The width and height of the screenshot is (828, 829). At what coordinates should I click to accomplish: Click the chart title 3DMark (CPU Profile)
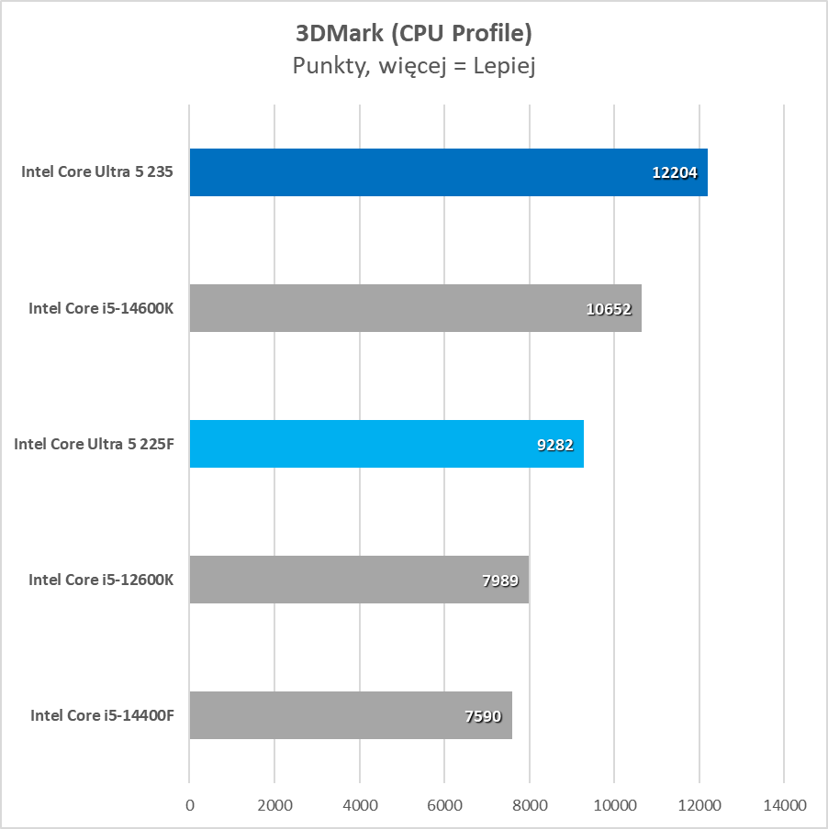[414, 34]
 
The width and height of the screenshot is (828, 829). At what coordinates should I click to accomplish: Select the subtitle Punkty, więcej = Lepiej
[414, 66]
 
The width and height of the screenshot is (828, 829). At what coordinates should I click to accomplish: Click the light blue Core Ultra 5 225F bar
[367, 444]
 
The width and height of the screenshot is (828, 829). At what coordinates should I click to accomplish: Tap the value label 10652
[609, 309]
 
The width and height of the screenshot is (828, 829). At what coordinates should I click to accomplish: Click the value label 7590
[483, 716]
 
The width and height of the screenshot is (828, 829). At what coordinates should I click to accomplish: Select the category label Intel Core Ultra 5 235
[97, 172]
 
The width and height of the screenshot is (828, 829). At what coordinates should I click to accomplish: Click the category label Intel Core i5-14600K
[101, 308]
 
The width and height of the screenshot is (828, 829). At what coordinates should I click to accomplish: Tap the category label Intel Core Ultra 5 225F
[94, 444]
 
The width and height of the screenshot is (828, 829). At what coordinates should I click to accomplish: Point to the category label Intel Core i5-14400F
[102, 715]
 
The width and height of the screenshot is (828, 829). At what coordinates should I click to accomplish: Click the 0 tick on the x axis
[190, 805]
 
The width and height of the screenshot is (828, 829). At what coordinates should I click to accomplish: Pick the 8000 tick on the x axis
[530, 805]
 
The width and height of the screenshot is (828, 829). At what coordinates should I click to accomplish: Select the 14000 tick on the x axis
[784, 805]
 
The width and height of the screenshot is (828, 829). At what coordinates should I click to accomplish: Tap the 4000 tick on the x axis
[360, 805]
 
